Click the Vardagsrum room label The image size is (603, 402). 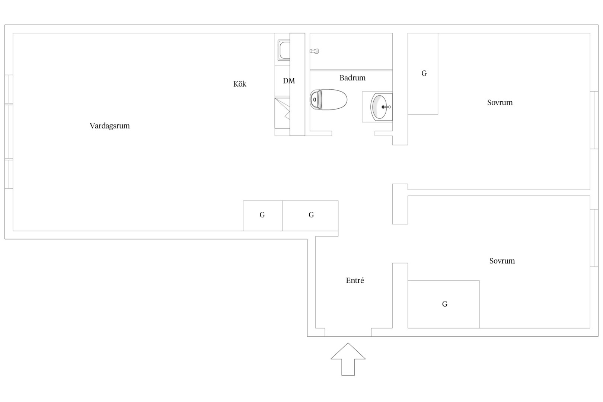(109, 126)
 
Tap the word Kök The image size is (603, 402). (240, 84)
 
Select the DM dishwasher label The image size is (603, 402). (289, 81)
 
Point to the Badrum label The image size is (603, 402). (352, 78)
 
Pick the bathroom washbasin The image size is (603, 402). (381, 107)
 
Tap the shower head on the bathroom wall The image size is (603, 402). (314, 51)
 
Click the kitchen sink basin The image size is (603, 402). (284, 50)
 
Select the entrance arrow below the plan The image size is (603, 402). (348, 359)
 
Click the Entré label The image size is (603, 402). (355, 281)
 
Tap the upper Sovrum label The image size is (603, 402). (500, 103)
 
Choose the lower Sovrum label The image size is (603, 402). (502, 261)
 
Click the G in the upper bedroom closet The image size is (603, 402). (424, 73)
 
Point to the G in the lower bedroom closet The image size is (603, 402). (445, 304)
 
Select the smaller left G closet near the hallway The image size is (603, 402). (263, 216)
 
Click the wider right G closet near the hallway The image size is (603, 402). (310, 216)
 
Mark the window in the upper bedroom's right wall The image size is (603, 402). (594, 120)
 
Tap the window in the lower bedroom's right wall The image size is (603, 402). (594, 238)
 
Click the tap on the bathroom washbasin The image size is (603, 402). (386, 107)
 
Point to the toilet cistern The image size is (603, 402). (316, 100)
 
